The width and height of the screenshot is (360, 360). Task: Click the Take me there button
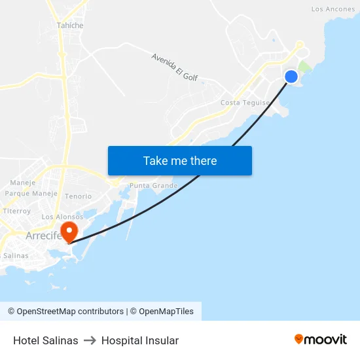click(180, 160)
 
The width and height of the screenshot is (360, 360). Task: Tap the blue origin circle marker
click(291, 77)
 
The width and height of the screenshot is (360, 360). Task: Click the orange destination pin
click(68, 231)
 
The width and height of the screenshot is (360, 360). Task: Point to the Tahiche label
click(70, 26)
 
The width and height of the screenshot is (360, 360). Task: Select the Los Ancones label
click(333, 9)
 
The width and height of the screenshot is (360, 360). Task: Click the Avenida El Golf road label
click(174, 67)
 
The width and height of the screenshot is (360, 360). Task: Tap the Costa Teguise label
click(245, 103)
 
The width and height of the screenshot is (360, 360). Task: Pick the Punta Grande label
click(154, 186)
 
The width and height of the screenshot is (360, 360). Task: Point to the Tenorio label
click(78, 196)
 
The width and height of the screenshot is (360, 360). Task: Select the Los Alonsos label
click(62, 217)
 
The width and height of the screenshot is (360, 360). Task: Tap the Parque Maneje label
click(31, 194)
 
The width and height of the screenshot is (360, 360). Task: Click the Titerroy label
click(17, 211)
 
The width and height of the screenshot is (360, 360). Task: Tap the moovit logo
click(320, 340)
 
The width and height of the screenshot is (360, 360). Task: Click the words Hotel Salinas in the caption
click(46, 340)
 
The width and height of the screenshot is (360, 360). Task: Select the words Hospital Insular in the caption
click(140, 340)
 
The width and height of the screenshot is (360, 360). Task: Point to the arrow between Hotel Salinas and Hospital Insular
click(90, 340)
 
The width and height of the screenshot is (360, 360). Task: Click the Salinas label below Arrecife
click(16, 256)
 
